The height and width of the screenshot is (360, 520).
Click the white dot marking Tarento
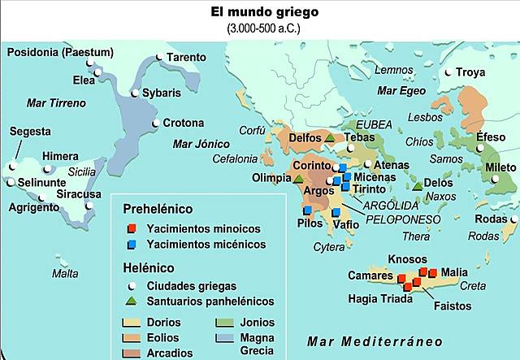point(159,58)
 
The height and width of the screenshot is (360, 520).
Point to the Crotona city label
point(184,124)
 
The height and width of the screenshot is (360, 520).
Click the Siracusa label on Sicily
point(79,194)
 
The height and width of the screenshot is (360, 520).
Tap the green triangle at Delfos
point(329,138)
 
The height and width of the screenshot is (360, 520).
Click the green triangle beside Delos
point(418,186)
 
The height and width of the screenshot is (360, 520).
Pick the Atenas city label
point(391,165)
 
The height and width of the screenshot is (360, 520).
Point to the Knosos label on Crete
point(408,259)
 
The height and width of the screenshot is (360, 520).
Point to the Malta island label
point(65,274)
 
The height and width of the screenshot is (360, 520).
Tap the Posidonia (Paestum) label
point(61,53)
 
